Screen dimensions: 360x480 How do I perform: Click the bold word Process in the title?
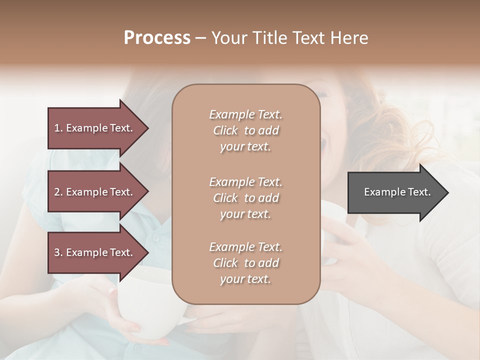pyautogui.click(x=157, y=38)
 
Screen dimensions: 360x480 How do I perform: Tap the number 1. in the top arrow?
pyautogui.click(x=58, y=128)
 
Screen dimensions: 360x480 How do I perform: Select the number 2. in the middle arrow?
pyautogui.click(x=58, y=192)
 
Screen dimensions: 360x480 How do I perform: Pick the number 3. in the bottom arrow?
pyautogui.click(x=58, y=252)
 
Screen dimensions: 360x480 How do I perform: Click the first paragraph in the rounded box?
pyautogui.click(x=245, y=130)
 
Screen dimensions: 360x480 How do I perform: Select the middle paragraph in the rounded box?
pyautogui.click(x=245, y=198)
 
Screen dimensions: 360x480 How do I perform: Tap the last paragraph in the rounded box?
pyautogui.click(x=245, y=263)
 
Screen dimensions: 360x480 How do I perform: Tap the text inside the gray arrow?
pyautogui.click(x=397, y=192)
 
